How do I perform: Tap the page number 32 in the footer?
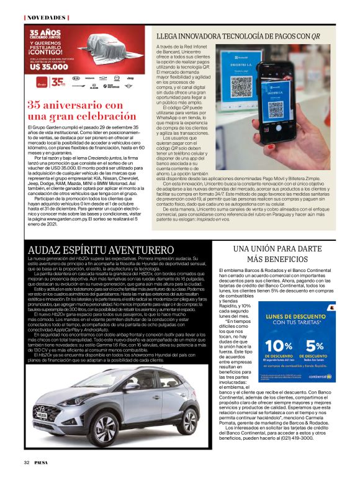click(x=27, y=462)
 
